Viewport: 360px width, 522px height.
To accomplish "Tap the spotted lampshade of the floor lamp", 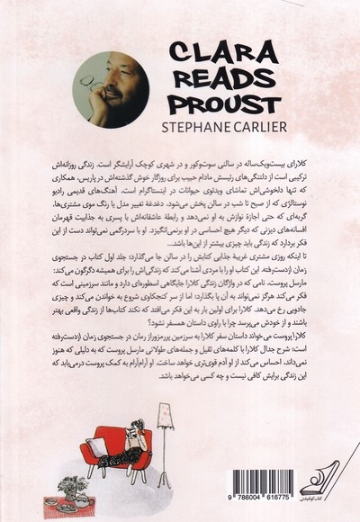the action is [165, 417].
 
